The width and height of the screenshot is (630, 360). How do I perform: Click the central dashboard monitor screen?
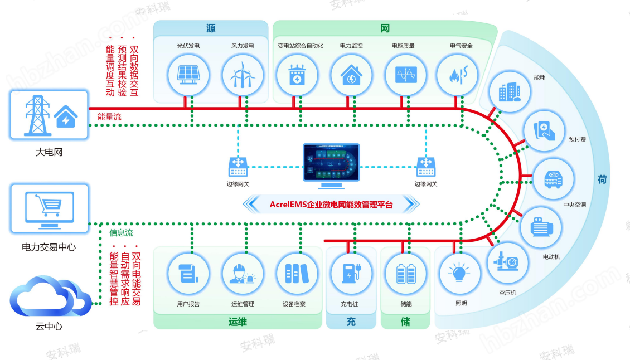[x=331, y=162]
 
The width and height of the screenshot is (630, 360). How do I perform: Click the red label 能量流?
[x=109, y=117]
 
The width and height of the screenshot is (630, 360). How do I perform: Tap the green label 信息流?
[x=121, y=233]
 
